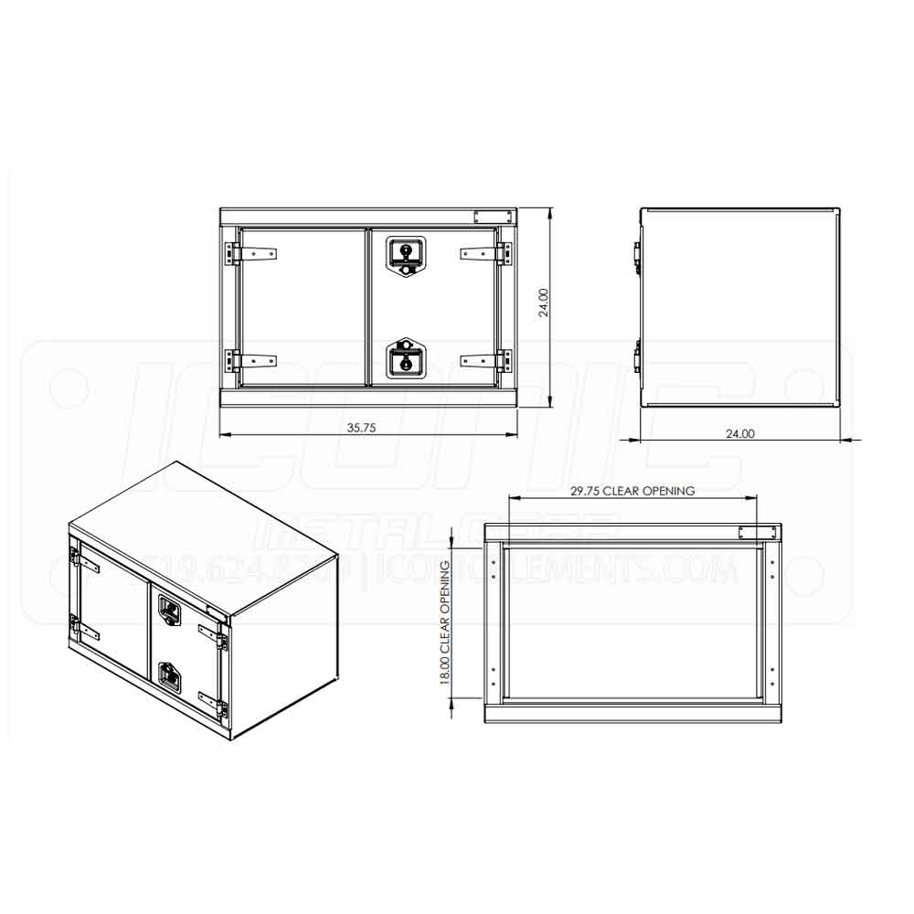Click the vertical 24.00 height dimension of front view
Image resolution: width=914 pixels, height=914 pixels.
tap(544, 303)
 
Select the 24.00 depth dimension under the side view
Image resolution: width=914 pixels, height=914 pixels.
tap(739, 434)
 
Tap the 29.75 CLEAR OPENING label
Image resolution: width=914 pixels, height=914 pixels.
tap(632, 491)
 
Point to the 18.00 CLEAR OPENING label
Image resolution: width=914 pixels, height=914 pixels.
tap(445, 623)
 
